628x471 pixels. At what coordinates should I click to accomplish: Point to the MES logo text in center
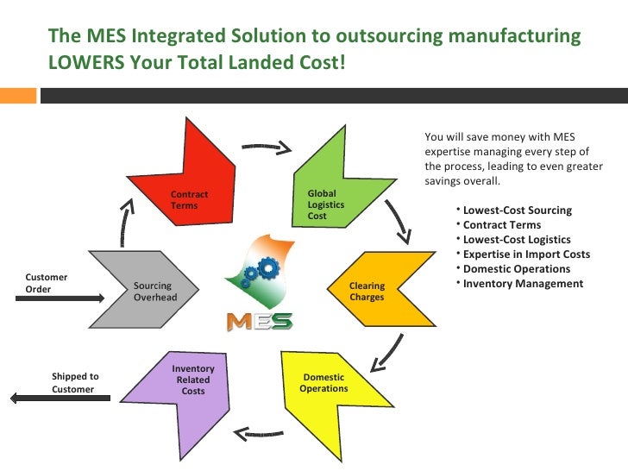tap(259, 322)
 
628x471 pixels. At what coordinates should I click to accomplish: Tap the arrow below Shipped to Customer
tap(52, 399)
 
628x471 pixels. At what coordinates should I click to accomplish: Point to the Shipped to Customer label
tap(75, 383)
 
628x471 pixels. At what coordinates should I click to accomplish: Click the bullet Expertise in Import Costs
tap(526, 254)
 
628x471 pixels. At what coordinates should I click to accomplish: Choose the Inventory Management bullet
tap(523, 284)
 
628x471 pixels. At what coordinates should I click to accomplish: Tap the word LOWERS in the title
tap(85, 65)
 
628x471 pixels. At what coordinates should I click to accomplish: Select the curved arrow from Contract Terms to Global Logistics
tap(266, 148)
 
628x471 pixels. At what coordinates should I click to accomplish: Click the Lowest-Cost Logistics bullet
tap(517, 240)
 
